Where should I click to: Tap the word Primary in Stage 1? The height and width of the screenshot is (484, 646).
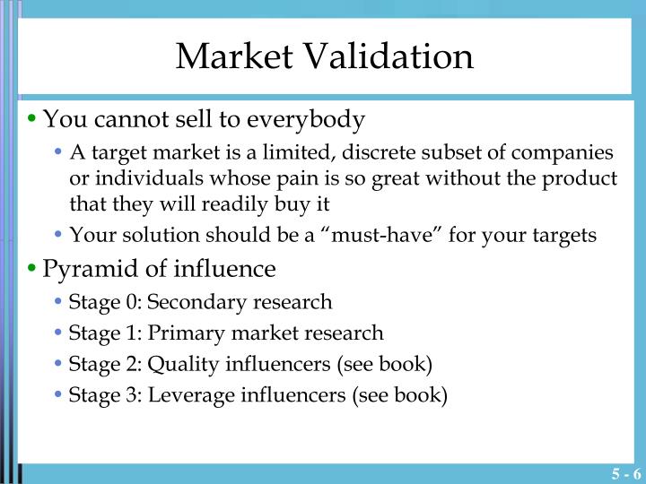tap(179, 333)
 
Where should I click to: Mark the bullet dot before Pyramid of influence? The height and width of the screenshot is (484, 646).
tap(33, 270)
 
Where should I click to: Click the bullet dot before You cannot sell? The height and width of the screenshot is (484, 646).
tap(33, 120)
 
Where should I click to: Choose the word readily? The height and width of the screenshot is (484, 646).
tap(237, 204)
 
